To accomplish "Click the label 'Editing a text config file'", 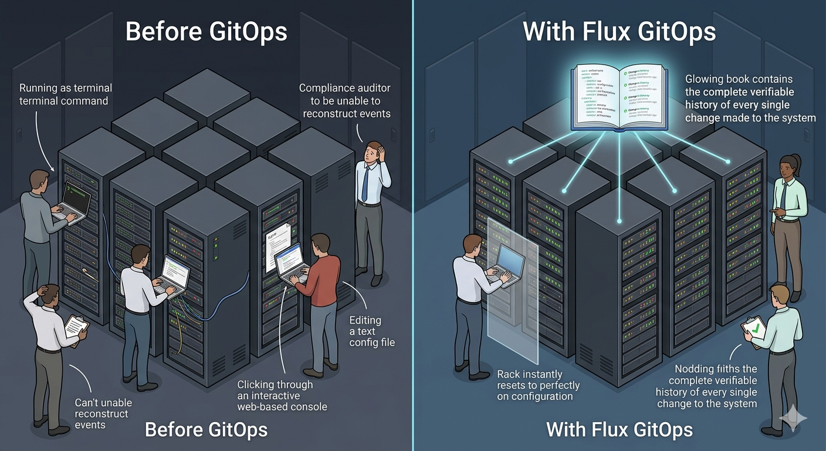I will [372, 331].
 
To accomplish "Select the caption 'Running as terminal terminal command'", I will [65, 94].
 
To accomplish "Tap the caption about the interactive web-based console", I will [282, 395].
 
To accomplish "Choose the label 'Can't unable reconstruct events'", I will [103, 413].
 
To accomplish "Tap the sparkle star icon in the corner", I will [793, 419].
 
